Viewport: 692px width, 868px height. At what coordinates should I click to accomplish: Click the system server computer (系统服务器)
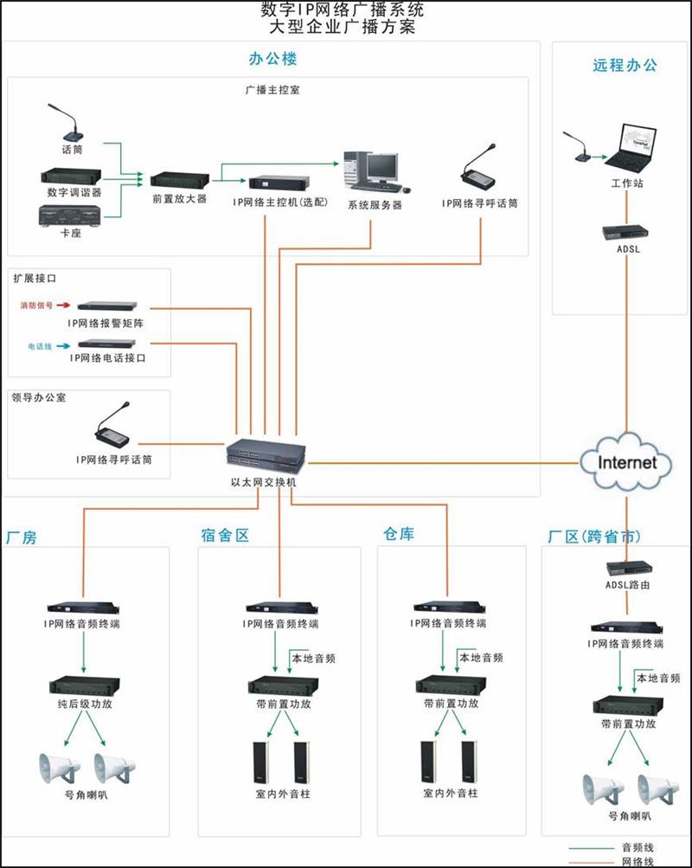(373, 170)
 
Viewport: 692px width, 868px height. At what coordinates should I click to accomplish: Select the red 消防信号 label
(36, 305)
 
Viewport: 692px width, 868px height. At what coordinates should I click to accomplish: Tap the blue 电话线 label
(40, 345)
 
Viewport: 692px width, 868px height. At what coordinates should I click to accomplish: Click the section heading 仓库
(399, 535)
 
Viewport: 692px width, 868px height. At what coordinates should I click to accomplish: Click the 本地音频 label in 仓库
(482, 658)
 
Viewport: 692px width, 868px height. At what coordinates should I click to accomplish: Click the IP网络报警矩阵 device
(107, 306)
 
